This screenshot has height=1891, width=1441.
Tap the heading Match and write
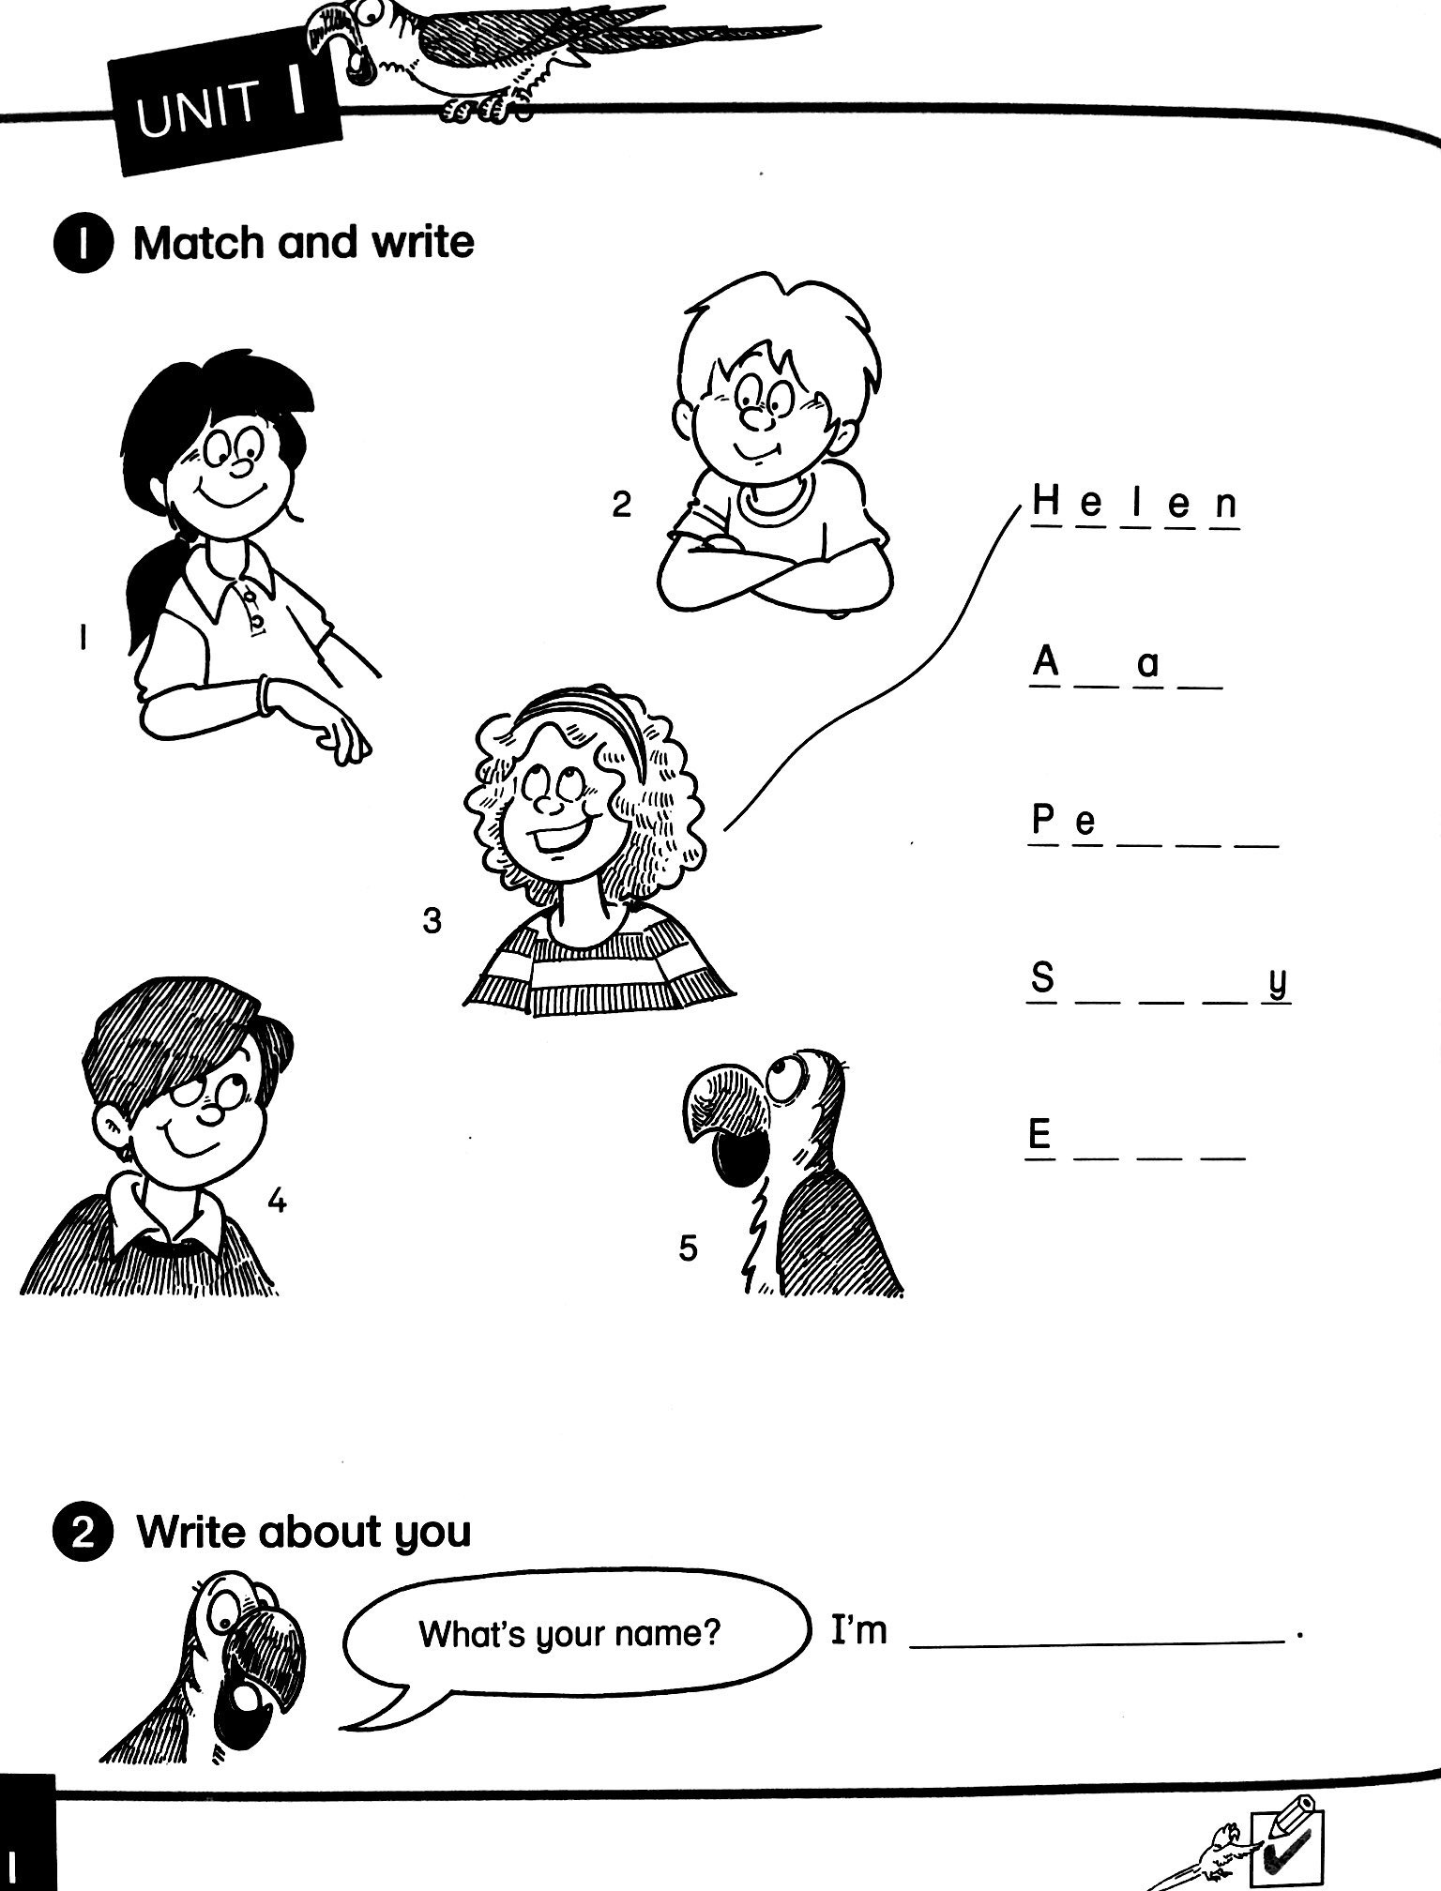click(303, 243)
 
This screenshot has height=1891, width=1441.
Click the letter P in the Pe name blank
click(1043, 821)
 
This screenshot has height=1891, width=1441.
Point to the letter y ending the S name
click(1277, 983)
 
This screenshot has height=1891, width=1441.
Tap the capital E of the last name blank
click(1039, 1136)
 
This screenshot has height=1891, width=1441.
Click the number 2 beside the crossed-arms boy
click(621, 505)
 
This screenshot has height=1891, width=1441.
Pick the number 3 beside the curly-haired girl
click(432, 921)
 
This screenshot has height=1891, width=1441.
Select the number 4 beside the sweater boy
click(276, 1201)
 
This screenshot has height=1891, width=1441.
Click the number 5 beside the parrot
click(688, 1248)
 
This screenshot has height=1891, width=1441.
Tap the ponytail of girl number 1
click(150, 591)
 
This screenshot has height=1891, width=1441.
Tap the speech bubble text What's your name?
click(569, 1634)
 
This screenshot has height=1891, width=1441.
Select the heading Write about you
click(304, 1532)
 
